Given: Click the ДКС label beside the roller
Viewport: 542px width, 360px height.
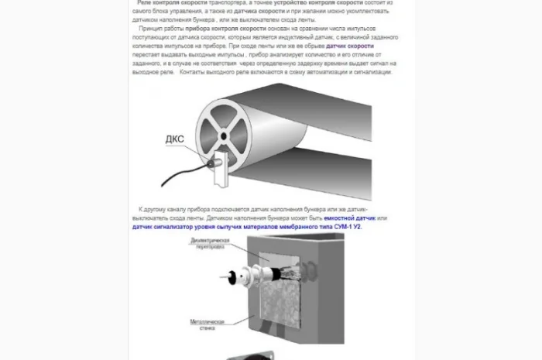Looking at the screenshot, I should point(175,139).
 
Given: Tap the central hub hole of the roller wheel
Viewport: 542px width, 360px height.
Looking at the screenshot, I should point(222,136).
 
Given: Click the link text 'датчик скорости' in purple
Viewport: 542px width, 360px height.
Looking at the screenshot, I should point(349,46).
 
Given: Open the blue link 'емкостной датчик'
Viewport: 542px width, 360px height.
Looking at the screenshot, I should point(355,218).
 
